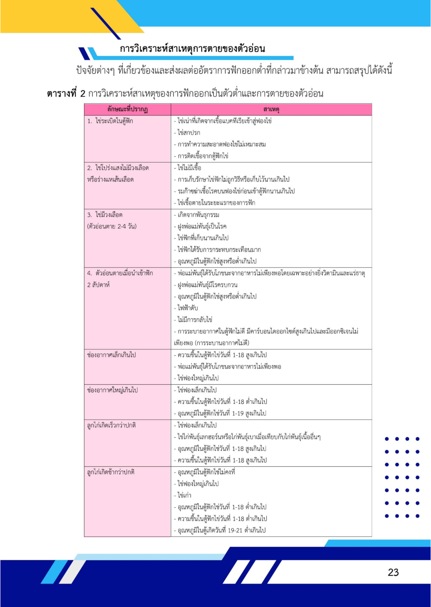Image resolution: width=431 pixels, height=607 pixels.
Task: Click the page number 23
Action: pos(393,572)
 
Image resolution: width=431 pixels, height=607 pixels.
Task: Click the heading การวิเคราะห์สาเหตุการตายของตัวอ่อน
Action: pos(192,49)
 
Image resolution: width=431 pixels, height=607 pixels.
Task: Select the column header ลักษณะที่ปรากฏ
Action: pos(127,109)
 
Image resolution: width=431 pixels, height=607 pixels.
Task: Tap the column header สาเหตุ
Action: pos(271,109)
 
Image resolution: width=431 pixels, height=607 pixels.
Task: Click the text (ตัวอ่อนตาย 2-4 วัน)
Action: pos(112,226)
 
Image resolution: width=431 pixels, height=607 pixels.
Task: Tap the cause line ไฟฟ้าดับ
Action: pos(188,308)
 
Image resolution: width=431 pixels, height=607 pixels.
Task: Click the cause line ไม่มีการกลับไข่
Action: pos(195,320)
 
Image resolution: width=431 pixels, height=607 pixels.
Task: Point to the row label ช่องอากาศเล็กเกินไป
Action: pos(111,355)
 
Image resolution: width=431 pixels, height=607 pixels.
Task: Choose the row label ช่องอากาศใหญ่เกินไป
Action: pos(112,390)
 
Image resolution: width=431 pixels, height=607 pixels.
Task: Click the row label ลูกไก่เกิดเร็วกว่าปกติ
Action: pos(111,425)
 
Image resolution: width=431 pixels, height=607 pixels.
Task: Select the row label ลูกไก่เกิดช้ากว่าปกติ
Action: pos(111,472)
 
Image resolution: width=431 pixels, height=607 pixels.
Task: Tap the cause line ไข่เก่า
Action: pos(184,495)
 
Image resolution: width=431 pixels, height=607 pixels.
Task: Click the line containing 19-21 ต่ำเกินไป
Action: pos(221,530)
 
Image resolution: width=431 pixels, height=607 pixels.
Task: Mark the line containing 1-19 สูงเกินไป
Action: pos(222,413)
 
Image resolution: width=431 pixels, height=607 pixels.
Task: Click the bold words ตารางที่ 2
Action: pos(66,94)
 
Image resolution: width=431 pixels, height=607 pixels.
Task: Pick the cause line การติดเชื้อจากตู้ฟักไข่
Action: pos(203,156)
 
